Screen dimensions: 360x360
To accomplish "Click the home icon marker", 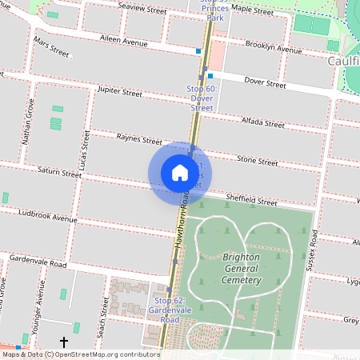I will [180, 172].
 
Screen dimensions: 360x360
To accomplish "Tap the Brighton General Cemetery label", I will [241, 268].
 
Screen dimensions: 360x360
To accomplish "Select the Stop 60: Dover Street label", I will [202, 98].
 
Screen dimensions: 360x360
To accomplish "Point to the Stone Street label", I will [257, 162].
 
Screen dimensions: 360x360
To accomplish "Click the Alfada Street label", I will [262, 124].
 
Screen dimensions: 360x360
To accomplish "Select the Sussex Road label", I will [315, 253].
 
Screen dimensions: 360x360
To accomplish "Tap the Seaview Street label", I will [142, 11].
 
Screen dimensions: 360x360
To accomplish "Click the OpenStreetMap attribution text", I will [80, 354].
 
